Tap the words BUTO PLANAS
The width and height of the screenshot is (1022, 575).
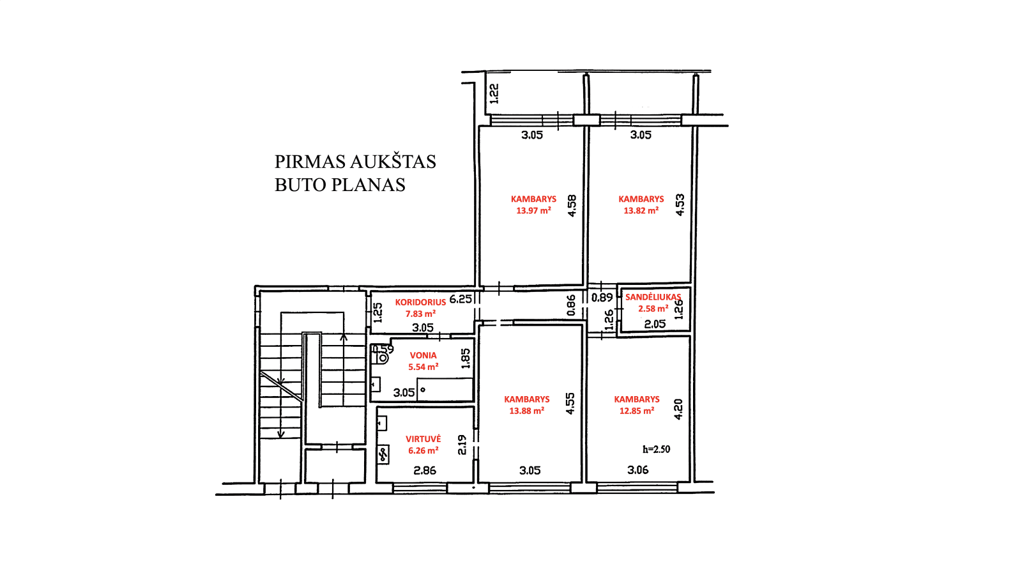click(340, 185)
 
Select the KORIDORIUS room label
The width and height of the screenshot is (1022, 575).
click(420, 302)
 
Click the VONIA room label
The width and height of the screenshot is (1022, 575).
click(423, 355)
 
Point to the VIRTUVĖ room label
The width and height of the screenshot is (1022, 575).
click(423, 438)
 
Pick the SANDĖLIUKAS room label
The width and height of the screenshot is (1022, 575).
click(653, 297)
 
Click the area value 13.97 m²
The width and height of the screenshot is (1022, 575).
click(533, 210)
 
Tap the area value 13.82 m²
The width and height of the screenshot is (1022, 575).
click(641, 210)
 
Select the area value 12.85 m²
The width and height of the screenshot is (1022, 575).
click(636, 411)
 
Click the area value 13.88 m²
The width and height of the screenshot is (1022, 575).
click(526, 411)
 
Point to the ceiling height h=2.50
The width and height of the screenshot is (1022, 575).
click(656, 450)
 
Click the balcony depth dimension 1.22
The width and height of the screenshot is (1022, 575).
click(494, 93)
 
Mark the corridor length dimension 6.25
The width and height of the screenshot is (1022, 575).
click(461, 300)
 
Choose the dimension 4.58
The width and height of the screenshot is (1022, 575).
click(572, 206)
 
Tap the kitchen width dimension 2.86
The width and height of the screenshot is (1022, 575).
click(425, 470)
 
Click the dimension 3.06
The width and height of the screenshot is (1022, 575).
click(638, 470)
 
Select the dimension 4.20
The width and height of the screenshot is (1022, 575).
click(678, 410)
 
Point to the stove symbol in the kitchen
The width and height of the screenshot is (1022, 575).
click(383, 454)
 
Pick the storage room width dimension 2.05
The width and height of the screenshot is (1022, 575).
click(655, 324)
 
